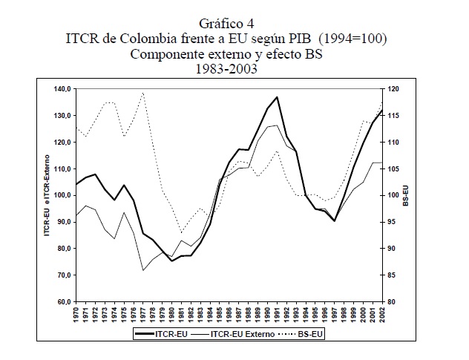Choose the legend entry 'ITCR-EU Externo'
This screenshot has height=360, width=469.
coord(237,335)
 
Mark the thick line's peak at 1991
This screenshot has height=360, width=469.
coord(277,96)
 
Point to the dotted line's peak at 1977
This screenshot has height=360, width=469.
coord(142,93)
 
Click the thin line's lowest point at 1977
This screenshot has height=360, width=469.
coord(142,270)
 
